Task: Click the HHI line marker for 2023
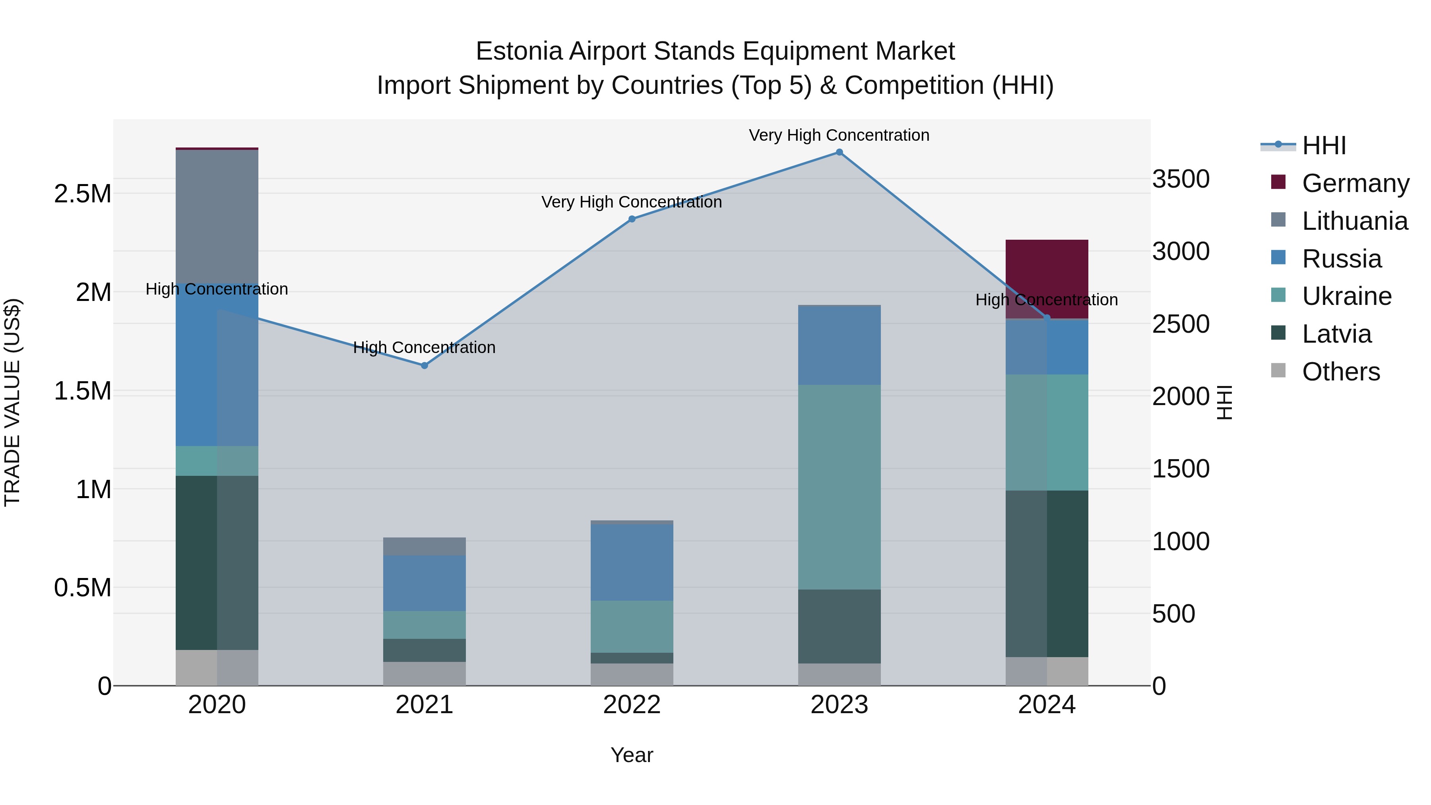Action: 839,152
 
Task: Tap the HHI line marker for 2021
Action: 425,366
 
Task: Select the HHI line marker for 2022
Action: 632,219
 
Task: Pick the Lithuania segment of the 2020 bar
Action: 217,217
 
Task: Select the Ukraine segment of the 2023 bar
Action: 839,487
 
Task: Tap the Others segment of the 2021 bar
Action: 425,673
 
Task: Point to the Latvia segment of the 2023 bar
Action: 839,626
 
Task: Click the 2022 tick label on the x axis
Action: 632,705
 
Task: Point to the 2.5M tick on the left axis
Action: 82,194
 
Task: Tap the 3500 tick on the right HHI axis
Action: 1181,179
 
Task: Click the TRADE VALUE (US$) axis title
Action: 12,402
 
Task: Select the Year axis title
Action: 632,755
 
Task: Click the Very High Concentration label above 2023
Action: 839,135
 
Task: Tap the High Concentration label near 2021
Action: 425,347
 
